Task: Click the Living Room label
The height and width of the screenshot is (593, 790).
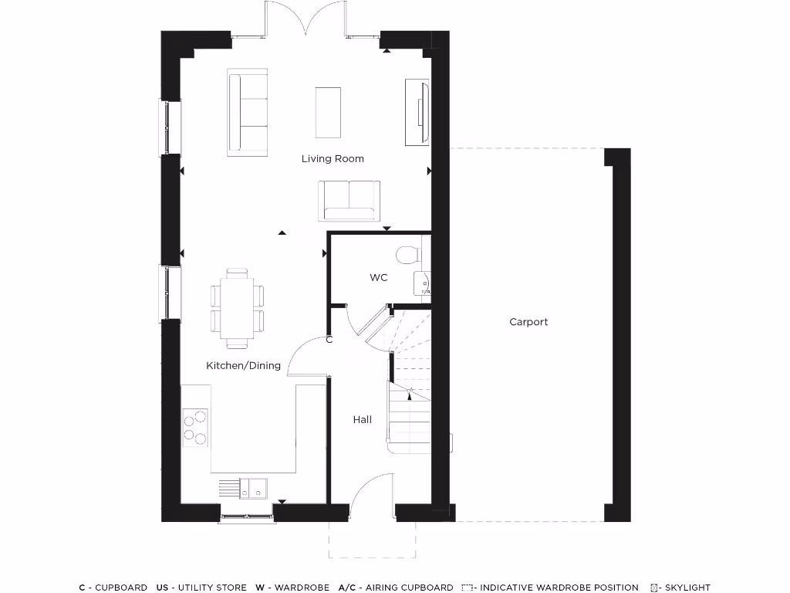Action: (333, 159)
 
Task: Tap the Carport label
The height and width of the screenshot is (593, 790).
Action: (528, 322)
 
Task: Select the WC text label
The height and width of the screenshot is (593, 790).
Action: (378, 278)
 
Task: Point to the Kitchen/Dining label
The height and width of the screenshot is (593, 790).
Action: (243, 366)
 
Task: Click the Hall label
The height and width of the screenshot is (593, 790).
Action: (362, 420)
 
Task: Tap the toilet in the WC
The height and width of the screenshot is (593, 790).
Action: (407, 253)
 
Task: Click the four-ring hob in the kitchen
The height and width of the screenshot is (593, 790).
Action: (195, 428)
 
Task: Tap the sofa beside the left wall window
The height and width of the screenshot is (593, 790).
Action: (248, 110)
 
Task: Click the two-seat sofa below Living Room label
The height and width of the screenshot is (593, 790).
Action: (349, 199)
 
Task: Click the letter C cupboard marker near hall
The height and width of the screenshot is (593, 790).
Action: (329, 340)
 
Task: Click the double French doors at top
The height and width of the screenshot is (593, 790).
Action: (306, 19)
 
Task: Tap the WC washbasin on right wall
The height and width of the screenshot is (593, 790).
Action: (424, 284)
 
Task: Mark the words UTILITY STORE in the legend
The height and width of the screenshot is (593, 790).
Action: (210, 588)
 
